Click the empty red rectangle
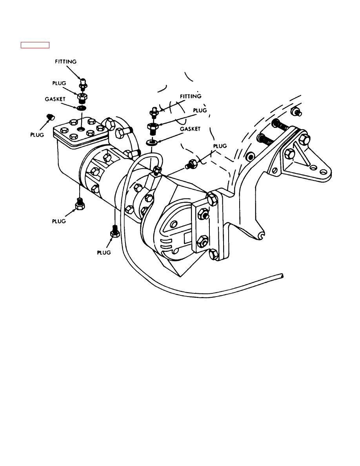[x=35, y=45]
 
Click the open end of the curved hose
[x=282, y=276]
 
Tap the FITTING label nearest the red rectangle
[x=65, y=62]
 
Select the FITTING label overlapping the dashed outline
[x=191, y=96]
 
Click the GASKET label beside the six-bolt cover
[x=55, y=99]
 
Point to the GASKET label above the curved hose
[x=190, y=129]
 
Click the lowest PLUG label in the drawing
[x=104, y=252]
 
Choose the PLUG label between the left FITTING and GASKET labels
[x=59, y=83]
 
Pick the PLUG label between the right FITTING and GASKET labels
[x=200, y=110]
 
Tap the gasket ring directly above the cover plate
[x=82, y=107]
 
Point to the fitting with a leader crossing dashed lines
[x=153, y=112]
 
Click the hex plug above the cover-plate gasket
[x=82, y=97]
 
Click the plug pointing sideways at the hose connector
[x=191, y=164]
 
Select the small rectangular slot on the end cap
[x=188, y=238]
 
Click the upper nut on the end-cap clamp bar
[x=203, y=213]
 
